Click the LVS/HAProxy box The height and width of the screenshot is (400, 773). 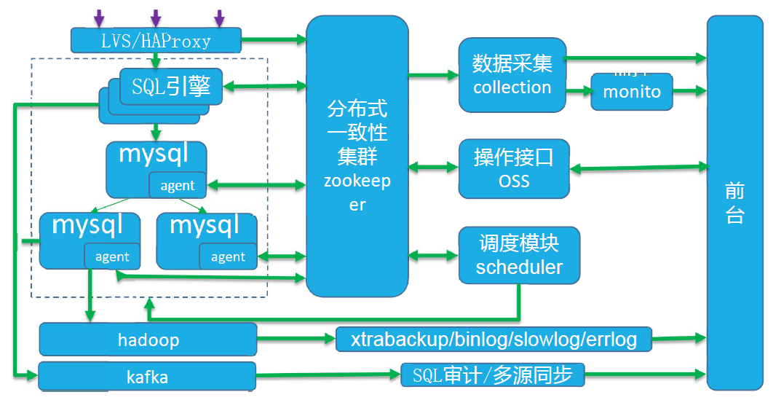click(156, 40)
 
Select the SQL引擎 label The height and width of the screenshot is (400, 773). click(172, 87)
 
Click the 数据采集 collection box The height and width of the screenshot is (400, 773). click(512, 75)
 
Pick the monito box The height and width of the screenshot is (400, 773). click(631, 92)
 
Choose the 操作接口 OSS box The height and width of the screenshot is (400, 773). click(513, 169)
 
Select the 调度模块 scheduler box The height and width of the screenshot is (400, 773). click(519, 255)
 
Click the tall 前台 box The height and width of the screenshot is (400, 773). click(734, 203)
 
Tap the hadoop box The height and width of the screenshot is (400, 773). click(148, 340)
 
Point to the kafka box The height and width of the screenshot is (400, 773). click(147, 377)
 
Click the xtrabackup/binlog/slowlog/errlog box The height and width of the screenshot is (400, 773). click(493, 339)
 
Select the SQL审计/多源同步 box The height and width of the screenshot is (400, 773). click(492, 375)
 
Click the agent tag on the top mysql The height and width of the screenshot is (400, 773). click(177, 186)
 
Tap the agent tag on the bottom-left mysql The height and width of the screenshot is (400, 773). click(111, 256)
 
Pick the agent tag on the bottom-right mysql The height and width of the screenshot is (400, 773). click(227, 256)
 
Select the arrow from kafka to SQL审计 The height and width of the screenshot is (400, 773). click(328, 375)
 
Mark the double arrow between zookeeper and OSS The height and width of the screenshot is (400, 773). click(433, 166)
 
